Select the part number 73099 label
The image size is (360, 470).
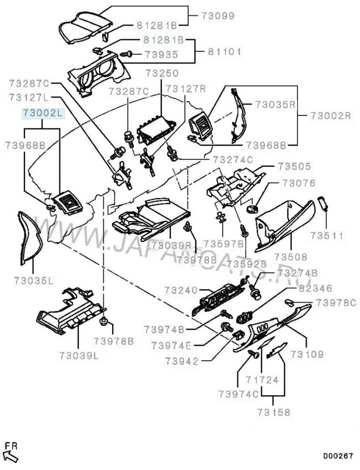[217, 16]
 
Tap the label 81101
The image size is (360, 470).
[224, 52]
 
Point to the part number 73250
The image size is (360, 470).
[162, 73]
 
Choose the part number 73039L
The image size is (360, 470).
[78, 355]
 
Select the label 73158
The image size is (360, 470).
[274, 412]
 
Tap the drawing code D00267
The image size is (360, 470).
[338, 456]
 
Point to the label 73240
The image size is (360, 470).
[181, 290]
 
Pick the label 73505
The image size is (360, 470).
[294, 167]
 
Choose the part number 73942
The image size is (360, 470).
[182, 361]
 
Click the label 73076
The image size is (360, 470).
[298, 183]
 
